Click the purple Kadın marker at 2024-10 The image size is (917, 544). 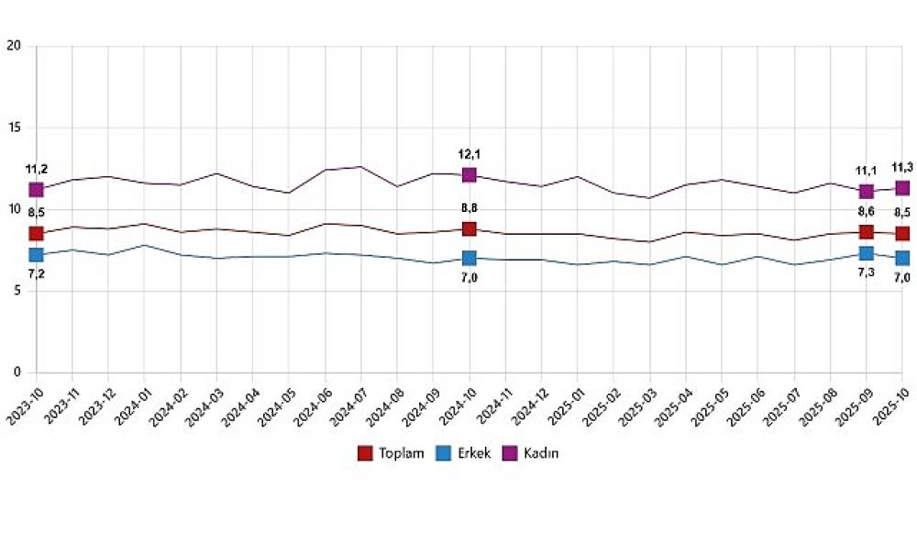[x=470, y=174]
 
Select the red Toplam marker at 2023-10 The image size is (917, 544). [x=36, y=233]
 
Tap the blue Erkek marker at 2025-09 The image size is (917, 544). [x=866, y=253]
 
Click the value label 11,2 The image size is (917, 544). [x=37, y=169]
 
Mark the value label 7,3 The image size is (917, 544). [x=866, y=274]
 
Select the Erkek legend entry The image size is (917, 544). [x=461, y=453]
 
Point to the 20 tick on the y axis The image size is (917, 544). [x=13, y=45]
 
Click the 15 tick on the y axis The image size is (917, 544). [x=13, y=128]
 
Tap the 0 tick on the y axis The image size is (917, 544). [x=17, y=372]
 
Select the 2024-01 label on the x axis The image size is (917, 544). [x=131, y=405]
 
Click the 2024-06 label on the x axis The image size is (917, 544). [x=312, y=405]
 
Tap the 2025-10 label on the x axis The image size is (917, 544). [x=889, y=405]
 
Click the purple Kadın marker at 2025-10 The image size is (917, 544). [x=902, y=188]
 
